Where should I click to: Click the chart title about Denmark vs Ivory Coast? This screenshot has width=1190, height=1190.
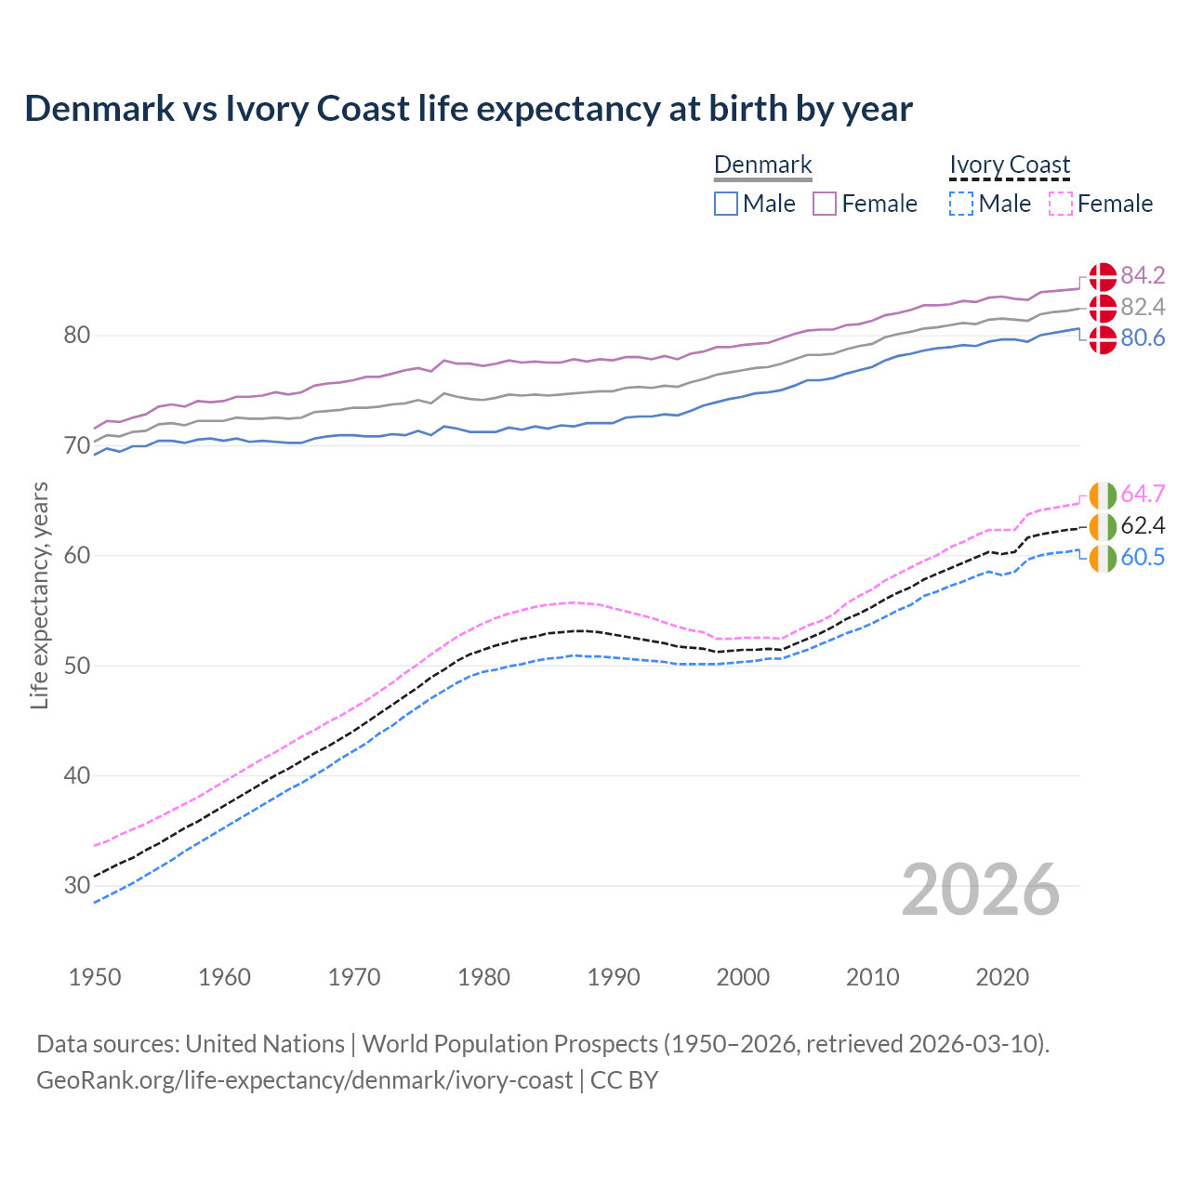click(469, 109)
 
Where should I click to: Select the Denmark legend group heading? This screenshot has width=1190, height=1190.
click(762, 165)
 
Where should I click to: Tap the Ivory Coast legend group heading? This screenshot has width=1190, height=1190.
click(1010, 165)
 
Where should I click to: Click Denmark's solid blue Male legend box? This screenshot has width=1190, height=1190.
click(726, 204)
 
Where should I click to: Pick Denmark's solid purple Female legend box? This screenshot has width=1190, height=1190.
click(825, 204)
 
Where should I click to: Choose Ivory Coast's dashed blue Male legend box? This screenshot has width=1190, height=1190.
click(961, 204)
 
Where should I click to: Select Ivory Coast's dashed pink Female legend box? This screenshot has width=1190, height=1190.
click(1060, 204)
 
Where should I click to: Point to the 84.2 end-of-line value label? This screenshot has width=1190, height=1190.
click(1143, 275)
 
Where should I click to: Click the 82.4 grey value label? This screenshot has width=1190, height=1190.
click(1143, 307)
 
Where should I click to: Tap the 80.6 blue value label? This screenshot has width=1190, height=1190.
click(1143, 338)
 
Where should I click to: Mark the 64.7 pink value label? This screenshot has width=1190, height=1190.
click(1143, 494)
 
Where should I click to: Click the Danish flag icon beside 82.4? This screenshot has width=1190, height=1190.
click(1103, 308)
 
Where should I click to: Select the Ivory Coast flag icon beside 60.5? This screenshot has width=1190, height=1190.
click(1103, 558)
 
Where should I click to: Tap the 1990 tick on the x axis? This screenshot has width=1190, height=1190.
click(614, 977)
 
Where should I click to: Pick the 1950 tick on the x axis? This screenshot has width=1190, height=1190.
click(95, 977)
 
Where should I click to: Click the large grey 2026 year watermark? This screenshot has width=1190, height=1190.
click(980, 890)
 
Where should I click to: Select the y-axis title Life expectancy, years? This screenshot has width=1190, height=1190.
click(39, 595)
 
